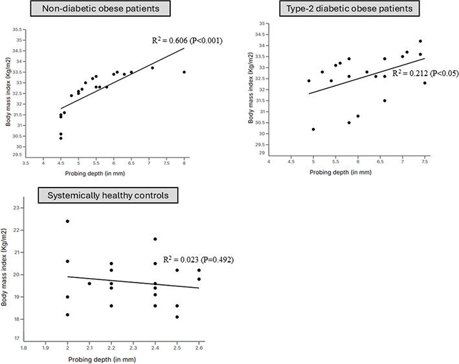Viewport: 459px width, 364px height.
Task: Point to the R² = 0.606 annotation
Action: (x=186, y=40)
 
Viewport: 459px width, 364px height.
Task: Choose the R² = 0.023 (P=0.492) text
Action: (x=198, y=259)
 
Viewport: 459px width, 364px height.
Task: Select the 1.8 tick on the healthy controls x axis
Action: (x=24, y=348)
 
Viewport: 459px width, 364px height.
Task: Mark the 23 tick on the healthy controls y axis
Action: (x=17, y=208)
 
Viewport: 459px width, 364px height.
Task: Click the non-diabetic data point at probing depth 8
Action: (x=184, y=72)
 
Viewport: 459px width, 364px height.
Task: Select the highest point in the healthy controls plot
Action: (x=67, y=221)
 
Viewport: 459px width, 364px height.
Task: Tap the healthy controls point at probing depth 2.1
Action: (x=89, y=283)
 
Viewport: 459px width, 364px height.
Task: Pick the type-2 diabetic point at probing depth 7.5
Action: (x=425, y=83)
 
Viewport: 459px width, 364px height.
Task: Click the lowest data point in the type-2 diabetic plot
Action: (x=313, y=129)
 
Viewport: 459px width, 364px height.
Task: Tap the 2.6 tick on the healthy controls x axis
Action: (x=199, y=348)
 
